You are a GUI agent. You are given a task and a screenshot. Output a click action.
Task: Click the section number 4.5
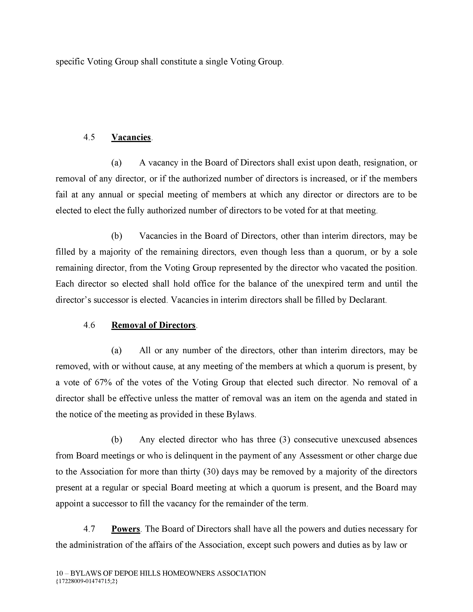click(x=89, y=137)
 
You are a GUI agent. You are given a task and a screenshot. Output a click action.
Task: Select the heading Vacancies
click(x=131, y=137)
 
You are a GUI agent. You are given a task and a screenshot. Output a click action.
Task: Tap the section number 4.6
click(x=89, y=325)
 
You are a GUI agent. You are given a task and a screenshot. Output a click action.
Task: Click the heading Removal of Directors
click(x=153, y=325)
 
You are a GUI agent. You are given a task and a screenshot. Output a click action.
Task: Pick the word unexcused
click(x=361, y=440)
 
